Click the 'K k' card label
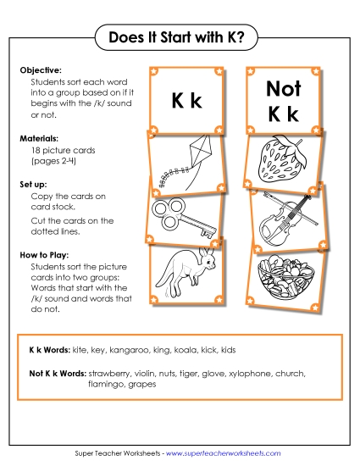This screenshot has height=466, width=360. [186, 102]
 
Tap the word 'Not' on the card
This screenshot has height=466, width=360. [284, 88]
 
